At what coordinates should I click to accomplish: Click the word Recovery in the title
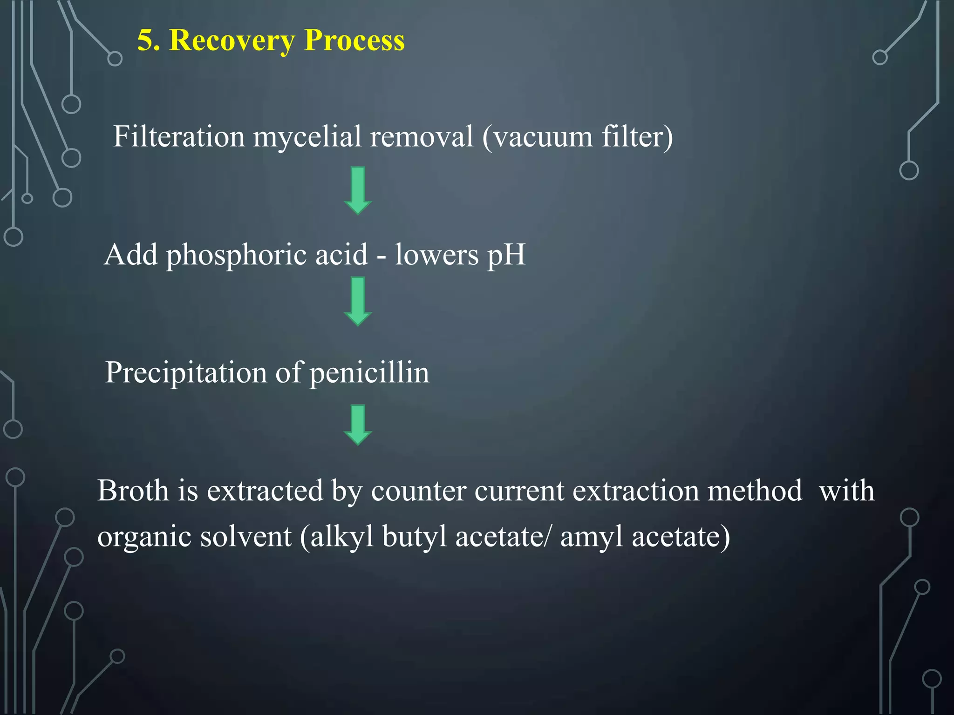[x=232, y=40]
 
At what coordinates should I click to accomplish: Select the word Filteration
[x=179, y=137]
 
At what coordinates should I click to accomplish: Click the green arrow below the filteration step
[x=358, y=190]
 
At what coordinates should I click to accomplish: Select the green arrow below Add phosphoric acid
[x=358, y=301]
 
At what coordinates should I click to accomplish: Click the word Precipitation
[x=186, y=373]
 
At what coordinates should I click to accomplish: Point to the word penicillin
[x=369, y=373]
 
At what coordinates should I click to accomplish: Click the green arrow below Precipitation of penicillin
[x=358, y=425]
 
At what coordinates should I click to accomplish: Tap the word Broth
[x=133, y=491]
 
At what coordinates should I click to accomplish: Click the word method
[x=755, y=491]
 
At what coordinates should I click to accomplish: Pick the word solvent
[x=246, y=536]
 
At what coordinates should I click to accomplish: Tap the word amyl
[x=591, y=536]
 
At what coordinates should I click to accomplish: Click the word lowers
[x=436, y=255]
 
